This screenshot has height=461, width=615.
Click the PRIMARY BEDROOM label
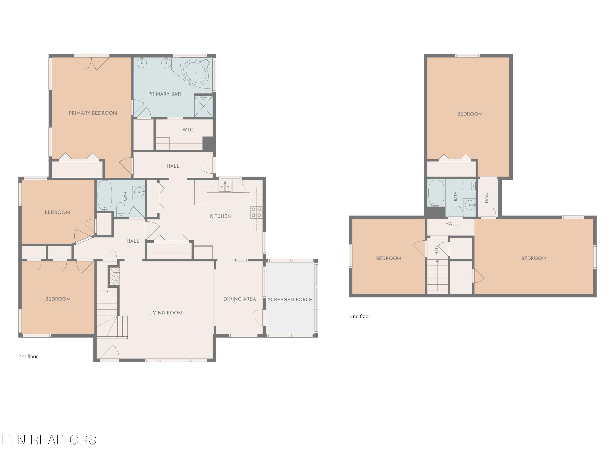[93, 113]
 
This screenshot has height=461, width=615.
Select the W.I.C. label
[188, 130]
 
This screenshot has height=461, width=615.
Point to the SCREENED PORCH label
[290, 300]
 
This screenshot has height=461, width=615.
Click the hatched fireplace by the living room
[114, 276]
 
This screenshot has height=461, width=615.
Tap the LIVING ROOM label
[165, 313]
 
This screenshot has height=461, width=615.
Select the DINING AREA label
[240, 299]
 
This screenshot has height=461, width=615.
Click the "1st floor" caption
[29, 357]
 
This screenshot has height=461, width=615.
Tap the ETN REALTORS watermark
[49, 440]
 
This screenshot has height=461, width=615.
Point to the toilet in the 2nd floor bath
[468, 186]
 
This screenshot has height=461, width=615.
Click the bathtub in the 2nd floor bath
[436, 193]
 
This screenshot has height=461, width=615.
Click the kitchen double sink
[225, 186]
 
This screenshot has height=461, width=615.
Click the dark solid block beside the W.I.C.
[209, 144]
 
